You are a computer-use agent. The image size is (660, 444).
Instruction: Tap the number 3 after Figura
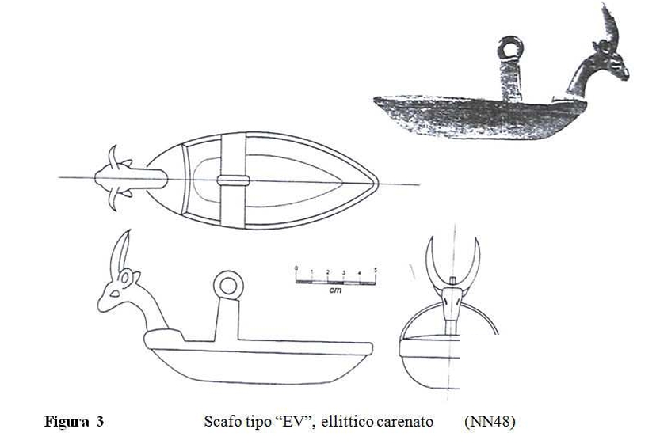click(x=99, y=421)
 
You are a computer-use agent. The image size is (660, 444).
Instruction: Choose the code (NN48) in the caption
click(x=490, y=421)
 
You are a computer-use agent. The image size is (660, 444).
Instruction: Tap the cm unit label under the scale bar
click(x=335, y=290)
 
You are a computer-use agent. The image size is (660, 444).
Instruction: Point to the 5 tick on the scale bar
click(x=376, y=270)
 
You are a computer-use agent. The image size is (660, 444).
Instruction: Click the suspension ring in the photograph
click(x=510, y=48)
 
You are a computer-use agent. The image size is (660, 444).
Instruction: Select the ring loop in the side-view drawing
click(x=228, y=286)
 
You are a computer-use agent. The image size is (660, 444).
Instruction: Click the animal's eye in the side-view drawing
click(x=114, y=294)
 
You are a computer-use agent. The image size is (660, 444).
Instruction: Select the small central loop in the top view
click(x=233, y=180)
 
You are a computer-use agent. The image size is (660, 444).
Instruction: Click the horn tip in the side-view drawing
click(x=129, y=230)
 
